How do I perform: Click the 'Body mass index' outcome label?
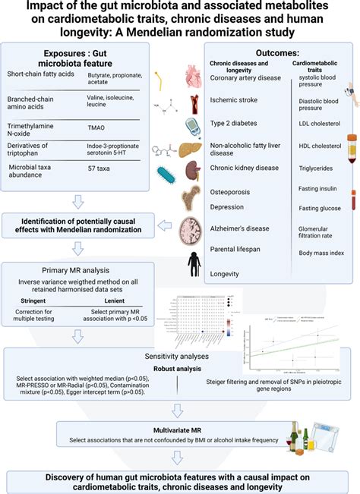(321, 253)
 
